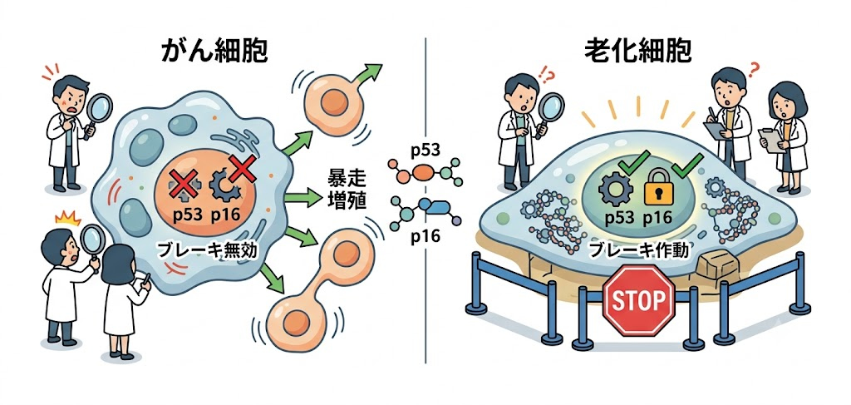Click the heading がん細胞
(x=215, y=52)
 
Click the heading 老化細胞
(x=637, y=52)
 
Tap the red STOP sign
(x=638, y=299)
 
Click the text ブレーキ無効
(x=200, y=251)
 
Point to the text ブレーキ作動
(x=637, y=251)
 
